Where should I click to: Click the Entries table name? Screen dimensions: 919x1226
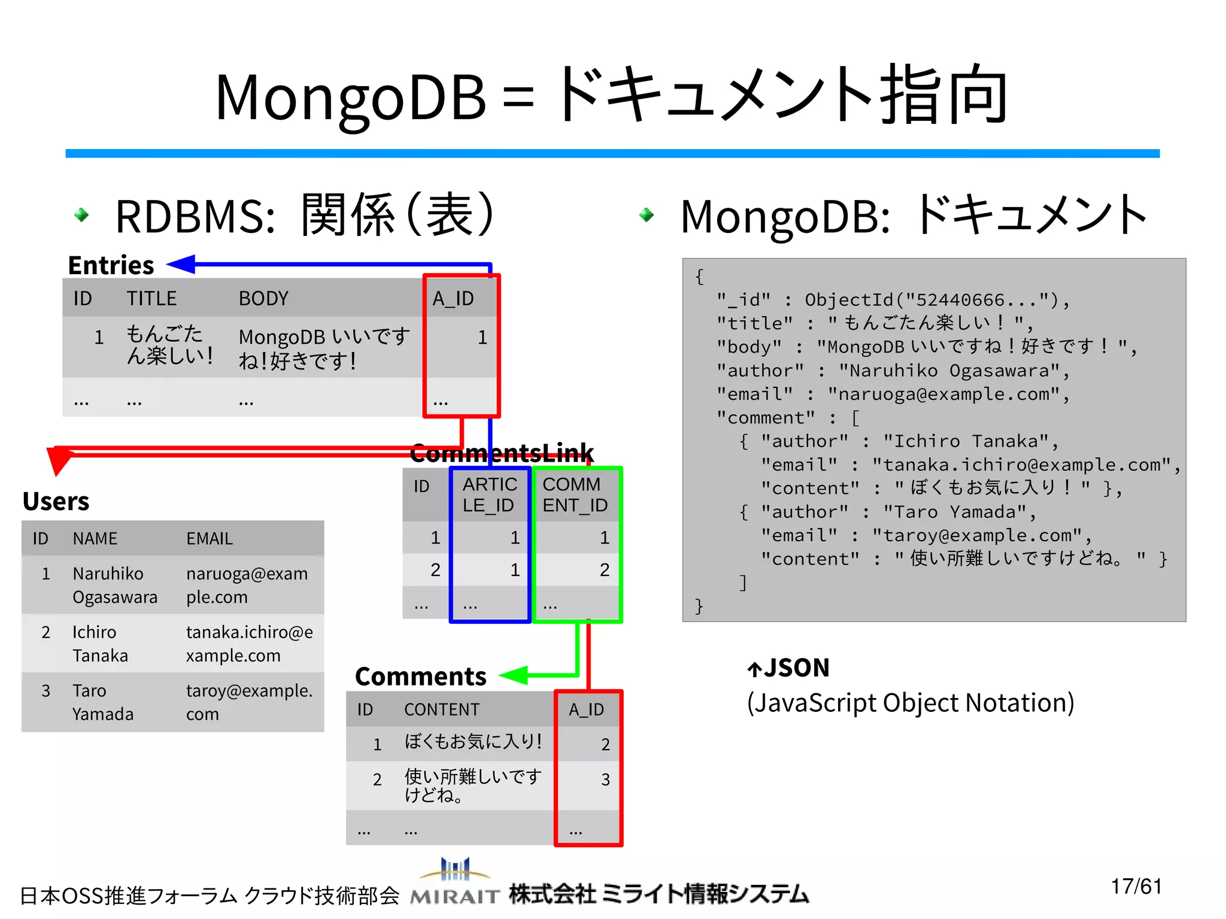pyautogui.click(x=111, y=265)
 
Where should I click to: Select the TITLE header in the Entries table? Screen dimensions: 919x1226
pyautogui.click(x=151, y=298)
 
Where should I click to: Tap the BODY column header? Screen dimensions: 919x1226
pyautogui.click(x=263, y=298)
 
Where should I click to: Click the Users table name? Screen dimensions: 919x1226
pyautogui.click(x=56, y=501)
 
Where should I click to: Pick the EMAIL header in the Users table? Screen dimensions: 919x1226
pyautogui.click(x=209, y=539)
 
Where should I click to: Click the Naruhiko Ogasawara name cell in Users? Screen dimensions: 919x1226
pyautogui.click(x=114, y=585)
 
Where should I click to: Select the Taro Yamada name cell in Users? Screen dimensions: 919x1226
pyautogui.click(x=102, y=702)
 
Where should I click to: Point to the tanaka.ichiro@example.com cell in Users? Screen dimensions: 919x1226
pyautogui.click(x=249, y=644)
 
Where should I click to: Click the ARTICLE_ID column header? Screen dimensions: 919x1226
pyautogui.click(x=489, y=495)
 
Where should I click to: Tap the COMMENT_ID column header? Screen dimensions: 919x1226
pyautogui.click(x=575, y=495)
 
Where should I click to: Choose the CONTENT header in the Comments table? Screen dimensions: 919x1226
pyautogui.click(x=442, y=709)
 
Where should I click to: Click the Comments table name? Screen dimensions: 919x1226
pyautogui.click(x=420, y=677)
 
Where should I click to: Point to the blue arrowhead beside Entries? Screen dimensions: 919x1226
pyautogui.click(x=181, y=264)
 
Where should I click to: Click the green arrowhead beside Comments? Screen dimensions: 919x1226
pyautogui.click(x=514, y=675)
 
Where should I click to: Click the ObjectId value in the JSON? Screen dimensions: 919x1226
pyautogui.click(x=936, y=300)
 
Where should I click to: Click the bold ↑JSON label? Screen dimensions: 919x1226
pyautogui.click(x=788, y=668)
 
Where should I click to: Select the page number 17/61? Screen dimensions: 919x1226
pyautogui.click(x=1136, y=886)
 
